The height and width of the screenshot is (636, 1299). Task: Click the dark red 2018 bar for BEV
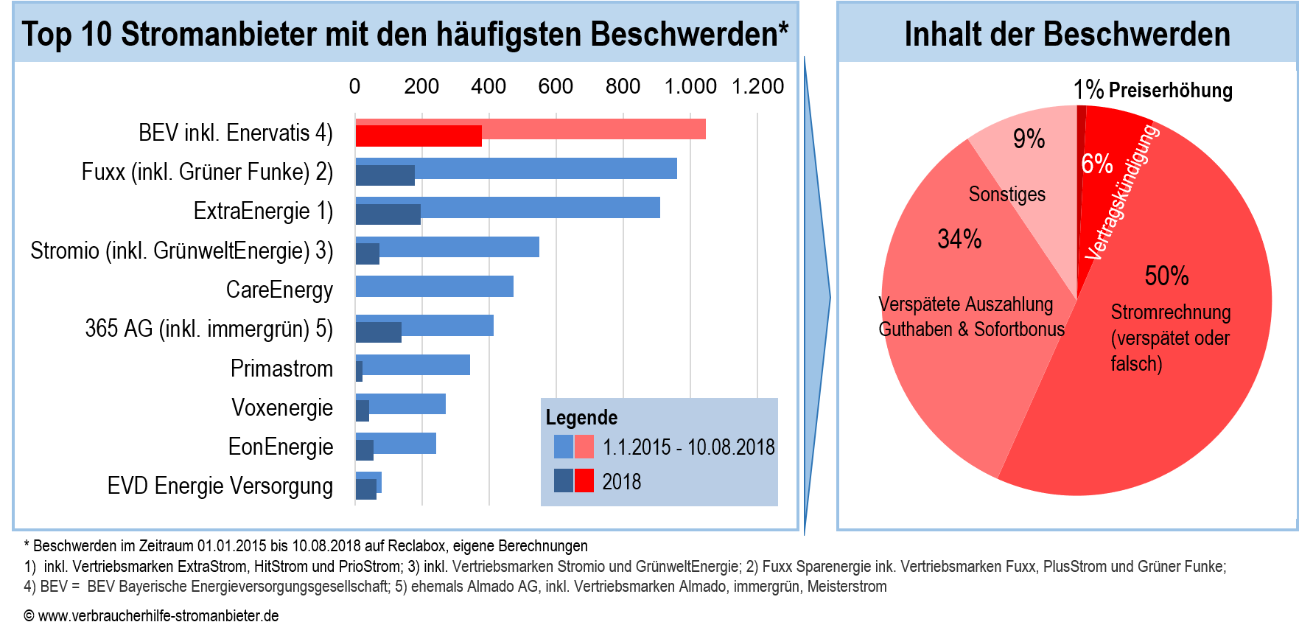pyautogui.click(x=419, y=136)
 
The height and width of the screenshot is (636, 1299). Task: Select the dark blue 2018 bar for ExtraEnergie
pyautogui.click(x=388, y=214)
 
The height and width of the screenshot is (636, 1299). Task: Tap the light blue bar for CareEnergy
pyautogui.click(x=434, y=287)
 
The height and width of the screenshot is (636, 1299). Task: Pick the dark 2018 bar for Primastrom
pyautogui.click(x=359, y=371)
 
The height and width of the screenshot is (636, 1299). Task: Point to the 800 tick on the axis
pyautogui.click(x=623, y=87)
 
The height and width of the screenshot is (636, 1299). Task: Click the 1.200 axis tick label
pyautogui.click(x=757, y=87)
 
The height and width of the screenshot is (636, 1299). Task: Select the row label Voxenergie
pyautogui.click(x=282, y=408)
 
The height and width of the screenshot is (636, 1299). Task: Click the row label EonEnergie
pyautogui.click(x=281, y=447)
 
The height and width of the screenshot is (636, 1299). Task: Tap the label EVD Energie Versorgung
pyautogui.click(x=220, y=486)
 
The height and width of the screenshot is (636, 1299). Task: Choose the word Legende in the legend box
pyautogui.click(x=581, y=418)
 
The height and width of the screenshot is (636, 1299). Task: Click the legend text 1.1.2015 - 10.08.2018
pyautogui.click(x=688, y=447)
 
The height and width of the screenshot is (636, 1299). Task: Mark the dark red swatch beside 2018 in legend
pyautogui.click(x=584, y=481)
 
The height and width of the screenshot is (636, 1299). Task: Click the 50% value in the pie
pyautogui.click(x=1166, y=276)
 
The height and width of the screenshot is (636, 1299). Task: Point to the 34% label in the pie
pyautogui.click(x=959, y=240)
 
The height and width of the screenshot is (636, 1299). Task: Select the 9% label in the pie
pyautogui.click(x=1029, y=139)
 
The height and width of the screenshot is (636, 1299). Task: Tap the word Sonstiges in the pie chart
pyautogui.click(x=1006, y=195)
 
